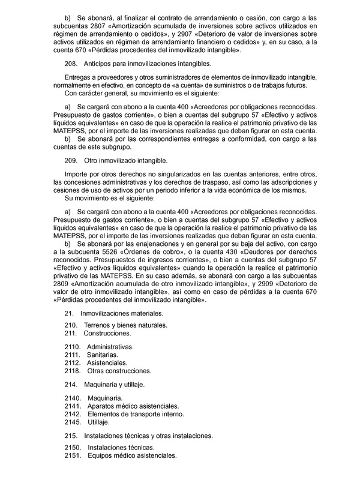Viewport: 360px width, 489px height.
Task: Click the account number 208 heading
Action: [70, 64]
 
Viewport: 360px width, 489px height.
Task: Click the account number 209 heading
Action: [70, 161]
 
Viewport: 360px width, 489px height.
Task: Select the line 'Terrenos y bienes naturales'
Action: [125, 325]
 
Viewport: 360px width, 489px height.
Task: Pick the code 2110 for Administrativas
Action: [72, 347]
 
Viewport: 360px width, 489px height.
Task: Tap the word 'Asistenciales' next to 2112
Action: [107, 363]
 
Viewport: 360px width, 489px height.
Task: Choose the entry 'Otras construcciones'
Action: [119, 371]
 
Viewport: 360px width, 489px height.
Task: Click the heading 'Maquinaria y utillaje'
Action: [114, 384]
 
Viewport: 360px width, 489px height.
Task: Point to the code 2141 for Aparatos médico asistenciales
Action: [72, 406]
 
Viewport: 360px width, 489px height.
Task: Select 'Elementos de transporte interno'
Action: [136, 414]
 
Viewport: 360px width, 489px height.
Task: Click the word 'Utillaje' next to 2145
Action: [98, 422]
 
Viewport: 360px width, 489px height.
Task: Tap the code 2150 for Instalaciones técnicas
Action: [72, 448]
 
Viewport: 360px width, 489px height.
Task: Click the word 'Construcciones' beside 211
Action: [107, 333]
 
